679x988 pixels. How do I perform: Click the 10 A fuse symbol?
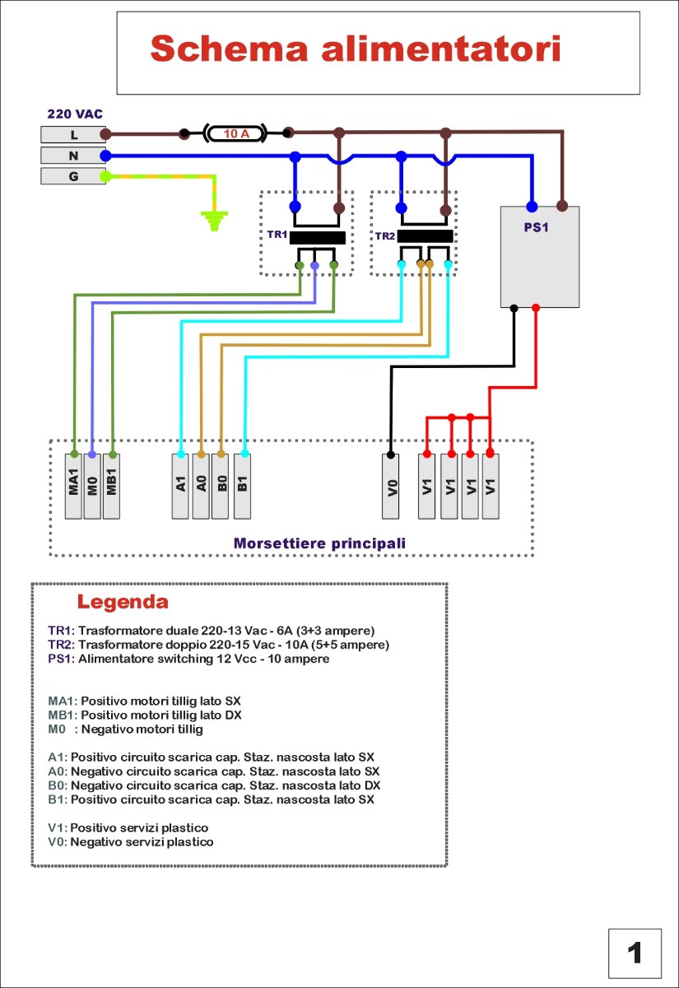[x=236, y=133]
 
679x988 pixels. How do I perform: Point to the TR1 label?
[x=277, y=235]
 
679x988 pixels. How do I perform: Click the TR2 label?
[x=385, y=235]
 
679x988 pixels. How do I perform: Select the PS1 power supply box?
[x=540, y=257]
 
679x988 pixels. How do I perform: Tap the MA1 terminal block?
[x=74, y=486]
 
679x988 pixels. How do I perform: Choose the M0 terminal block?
[x=92, y=486]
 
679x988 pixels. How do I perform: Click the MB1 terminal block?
[x=111, y=486]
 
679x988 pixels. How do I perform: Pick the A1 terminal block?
[x=181, y=486]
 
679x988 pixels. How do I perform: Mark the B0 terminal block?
[x=221, y=486]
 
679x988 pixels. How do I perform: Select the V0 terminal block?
[x=392, y=486]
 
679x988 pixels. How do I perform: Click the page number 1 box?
[x=635, y=953]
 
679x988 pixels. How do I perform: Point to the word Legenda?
[x=123, y=601]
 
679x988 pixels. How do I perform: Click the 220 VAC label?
[x=75, y=114]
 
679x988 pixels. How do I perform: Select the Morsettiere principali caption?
[x=319, y=543]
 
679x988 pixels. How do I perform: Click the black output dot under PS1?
[x=514, y=309]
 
